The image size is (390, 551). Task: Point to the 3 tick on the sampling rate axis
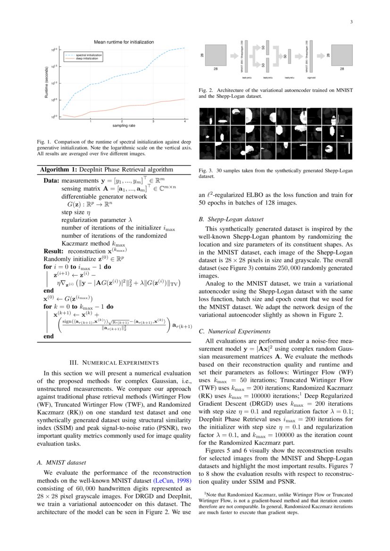[x=153, y=122]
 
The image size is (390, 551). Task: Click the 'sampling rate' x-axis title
[x=124, y=126]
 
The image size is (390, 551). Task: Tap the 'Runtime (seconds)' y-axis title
[x=46, y=83]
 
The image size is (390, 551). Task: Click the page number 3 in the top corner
[x=351, y=22]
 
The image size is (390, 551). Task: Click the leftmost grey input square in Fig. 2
[x=216, y=56]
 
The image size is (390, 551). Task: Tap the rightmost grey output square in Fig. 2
[x=342, y=56]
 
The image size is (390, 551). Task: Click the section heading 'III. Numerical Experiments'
[x=114, y=363]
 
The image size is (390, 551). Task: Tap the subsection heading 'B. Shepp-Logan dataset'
[x=231, y=219]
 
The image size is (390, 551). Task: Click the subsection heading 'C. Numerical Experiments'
[x=235, y=331]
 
